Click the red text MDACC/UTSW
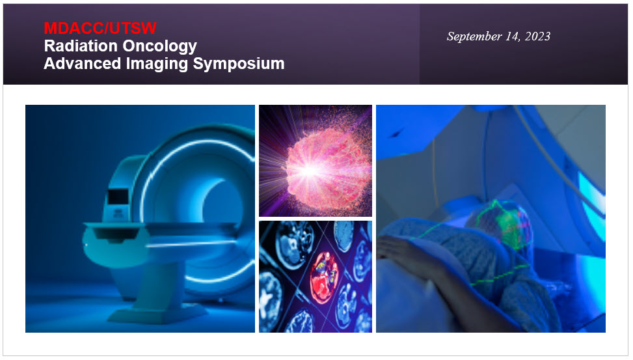pos(100,28)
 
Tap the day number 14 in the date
pos(512,36)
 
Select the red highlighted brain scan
pos(323,271)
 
